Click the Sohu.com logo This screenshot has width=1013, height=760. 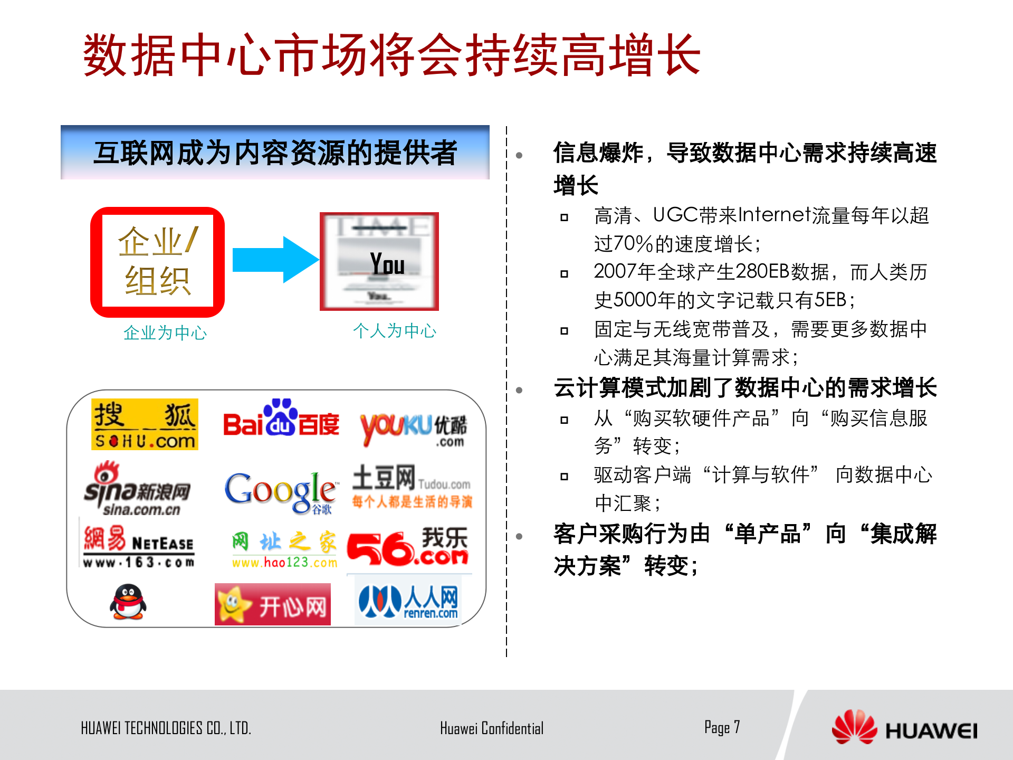point(145,424)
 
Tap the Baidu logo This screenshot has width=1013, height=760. point(281,419)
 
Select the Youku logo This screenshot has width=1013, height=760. point(413,427)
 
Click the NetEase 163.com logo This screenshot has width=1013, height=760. point(138,547)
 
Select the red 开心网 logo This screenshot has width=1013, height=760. point(273,605)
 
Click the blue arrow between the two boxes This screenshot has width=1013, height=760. point(275,260)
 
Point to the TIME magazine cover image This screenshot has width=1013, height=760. point(379,262)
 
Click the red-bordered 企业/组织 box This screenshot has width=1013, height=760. point(157,262)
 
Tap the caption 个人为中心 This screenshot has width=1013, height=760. point(395,331)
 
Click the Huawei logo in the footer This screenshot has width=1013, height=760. point(904,728)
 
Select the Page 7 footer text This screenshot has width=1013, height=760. point(722,727)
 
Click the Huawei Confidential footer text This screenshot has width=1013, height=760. point(491,728)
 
